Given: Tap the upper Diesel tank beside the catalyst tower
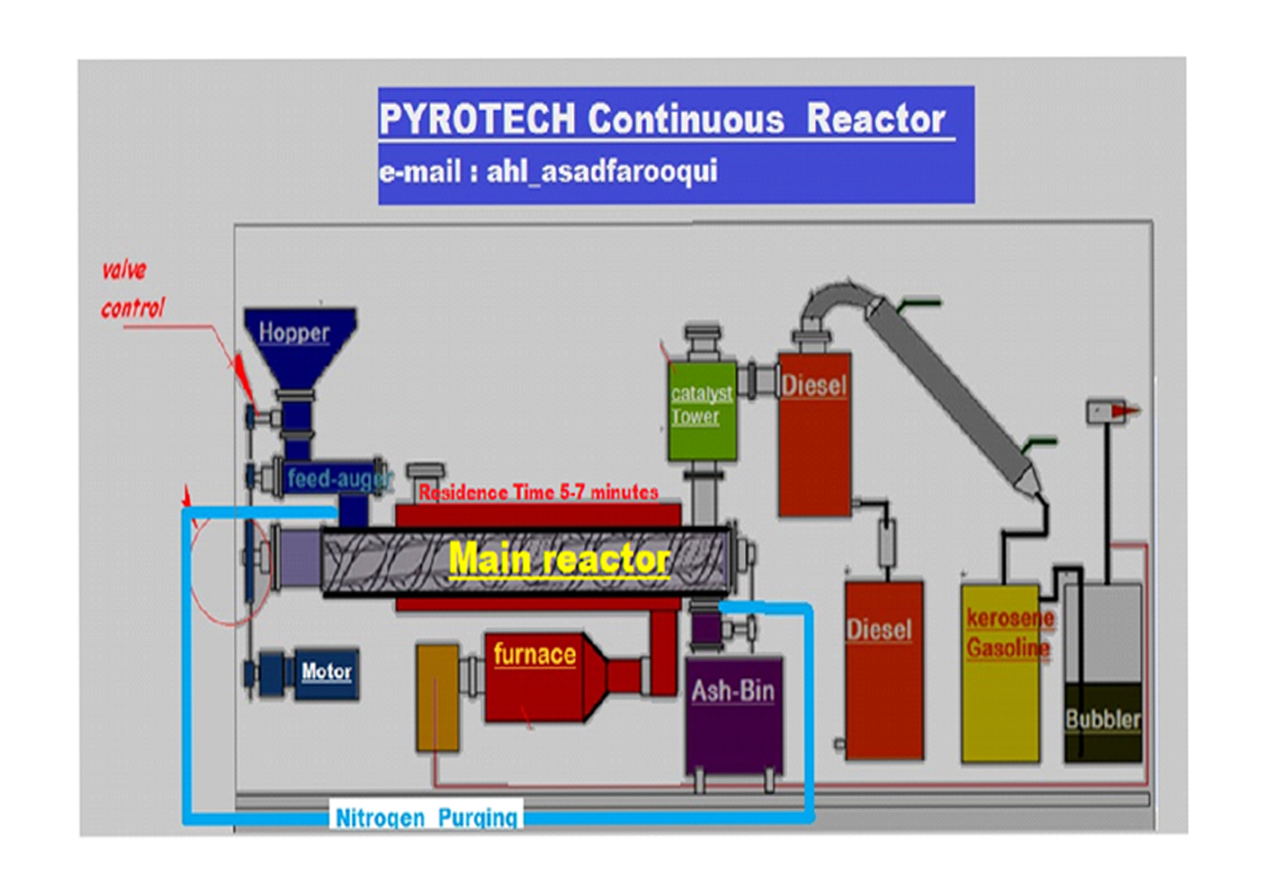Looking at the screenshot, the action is [814, 435].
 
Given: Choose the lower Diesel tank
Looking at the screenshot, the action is [884, 670].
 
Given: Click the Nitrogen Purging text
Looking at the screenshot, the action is [427, 818].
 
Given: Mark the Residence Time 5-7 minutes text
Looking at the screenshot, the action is [538, 492].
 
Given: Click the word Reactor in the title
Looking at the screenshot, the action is [876, 119].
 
